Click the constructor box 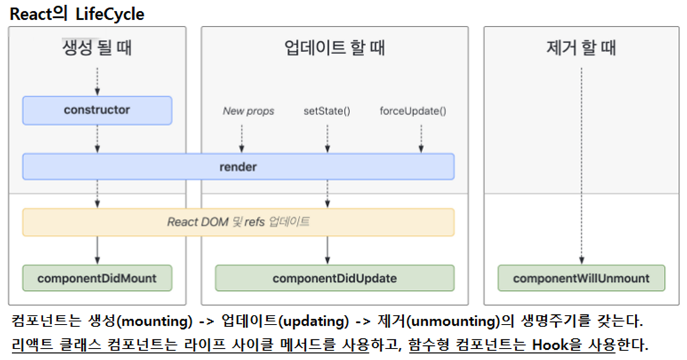click(x=97, y=110)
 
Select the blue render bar click(x=238, y=167)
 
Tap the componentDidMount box click(x=97, y=278)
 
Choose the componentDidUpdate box click(x=334, y=278)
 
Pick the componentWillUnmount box click(x=581, y=278)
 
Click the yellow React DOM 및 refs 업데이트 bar click(x=238, y=222)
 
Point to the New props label click(x=248, y=111)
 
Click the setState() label click(x=327, y=111)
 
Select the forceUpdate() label click(x=413, y=111)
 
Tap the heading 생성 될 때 click(x=97, y=48)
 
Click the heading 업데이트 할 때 click(x=334, y=48)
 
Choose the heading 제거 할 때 click(x=581, y=48)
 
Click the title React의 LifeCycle click(x=77, y=14)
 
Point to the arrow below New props click(x=242, y=137)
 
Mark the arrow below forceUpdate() click(x=421, y=137)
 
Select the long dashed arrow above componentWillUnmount click(x=582, y=164)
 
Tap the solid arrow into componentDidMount click(x=97, y=250)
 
